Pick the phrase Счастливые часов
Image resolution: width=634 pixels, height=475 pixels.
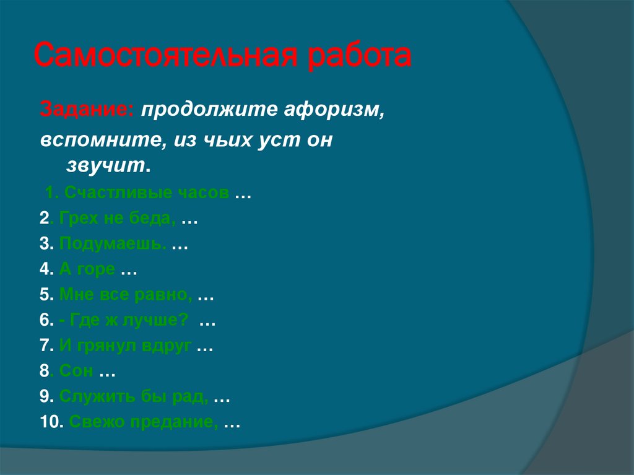(145, 193)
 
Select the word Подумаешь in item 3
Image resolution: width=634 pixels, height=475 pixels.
(113, 244)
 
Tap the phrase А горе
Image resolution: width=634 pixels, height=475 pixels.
(87, 269)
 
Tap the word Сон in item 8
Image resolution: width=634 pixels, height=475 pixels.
(76, 372)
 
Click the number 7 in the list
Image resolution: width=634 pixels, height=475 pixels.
(44, 347)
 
